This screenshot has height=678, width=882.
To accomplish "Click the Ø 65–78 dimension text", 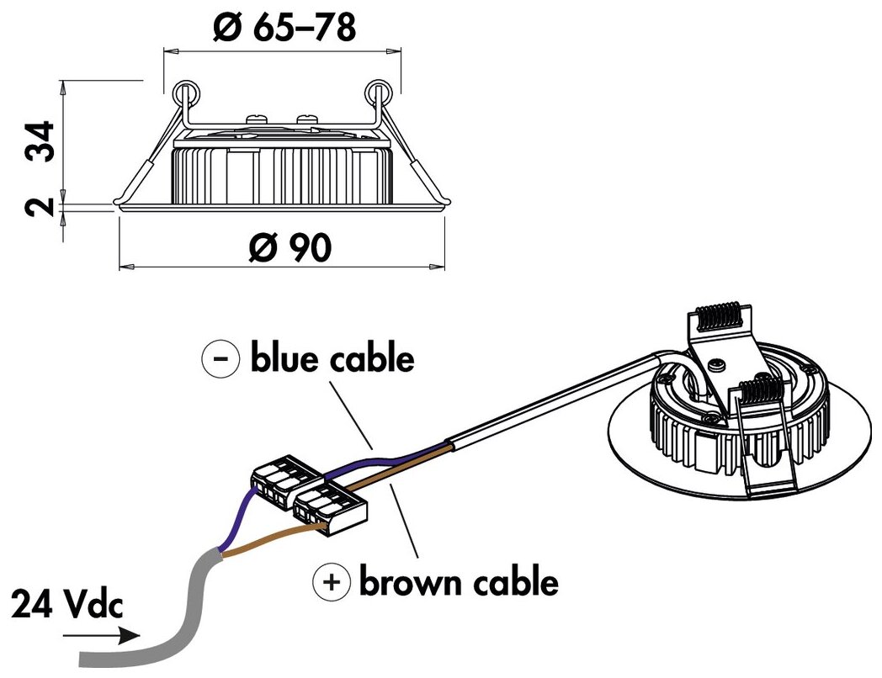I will tap(284, 28).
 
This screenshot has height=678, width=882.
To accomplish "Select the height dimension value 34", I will tap(40, 140).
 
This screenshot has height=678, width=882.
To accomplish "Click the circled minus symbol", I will tap(220, 359).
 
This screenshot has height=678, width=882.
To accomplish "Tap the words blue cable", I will tap(332, 359).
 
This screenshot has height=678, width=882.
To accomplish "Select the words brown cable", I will tap(459, 581).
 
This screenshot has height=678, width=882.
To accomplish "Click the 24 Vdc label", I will tap(68, 604).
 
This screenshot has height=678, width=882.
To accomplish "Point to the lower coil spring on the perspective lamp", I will tap(763, 390).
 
